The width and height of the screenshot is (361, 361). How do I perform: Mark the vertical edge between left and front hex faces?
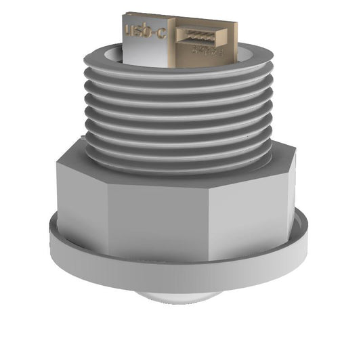click(x=107, y=220)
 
